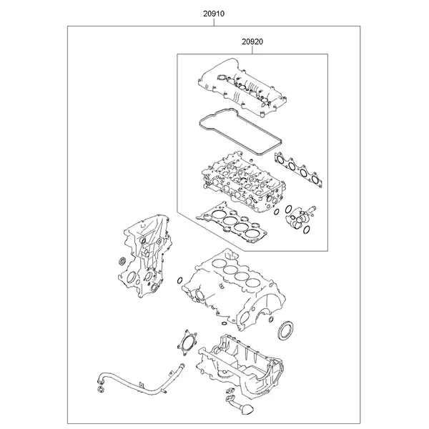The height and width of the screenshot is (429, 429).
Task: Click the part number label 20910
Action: tap(214, 14)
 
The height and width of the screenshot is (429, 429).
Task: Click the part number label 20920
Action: tap(252, 42)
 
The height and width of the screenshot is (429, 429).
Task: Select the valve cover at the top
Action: tap(242, 87)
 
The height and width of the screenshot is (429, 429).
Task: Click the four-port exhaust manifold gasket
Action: tap(298, 170)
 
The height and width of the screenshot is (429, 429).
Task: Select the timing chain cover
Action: tap(144, 257)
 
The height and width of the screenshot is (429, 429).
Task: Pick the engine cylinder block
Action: tap(234, 290)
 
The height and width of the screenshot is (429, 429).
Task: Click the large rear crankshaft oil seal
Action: tap(287, 331)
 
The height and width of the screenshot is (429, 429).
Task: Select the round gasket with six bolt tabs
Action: tap(187, 343)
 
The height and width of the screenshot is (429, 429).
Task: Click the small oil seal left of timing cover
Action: tap(122, 261)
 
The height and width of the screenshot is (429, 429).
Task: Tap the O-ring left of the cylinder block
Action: tap(179, 281)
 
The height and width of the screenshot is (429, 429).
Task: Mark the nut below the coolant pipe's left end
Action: tap(101, 390)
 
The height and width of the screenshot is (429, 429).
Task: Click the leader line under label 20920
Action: tap(252, 50)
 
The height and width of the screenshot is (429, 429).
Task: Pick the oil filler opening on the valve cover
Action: tap(221, 78)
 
